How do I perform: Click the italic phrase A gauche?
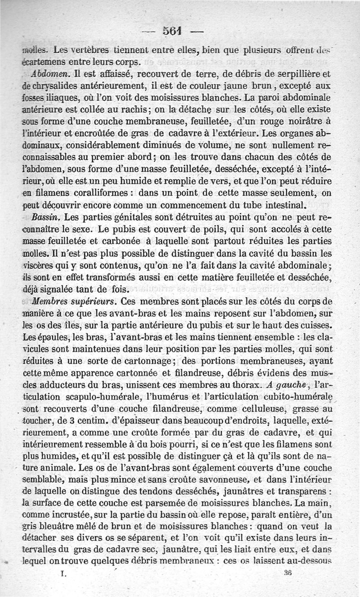(x=281, y=385)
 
